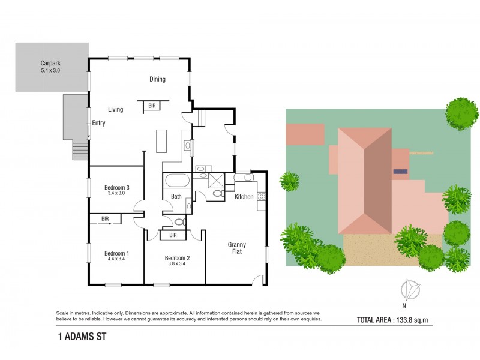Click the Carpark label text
[x=50, y=62]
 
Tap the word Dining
[x=157, y=79]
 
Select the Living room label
[x=115, y=109]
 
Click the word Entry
[x=98, y=123]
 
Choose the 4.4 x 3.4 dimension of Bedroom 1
[x=116, y=259]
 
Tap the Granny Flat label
[x=237, y=248]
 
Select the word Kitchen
[x=244, y=197]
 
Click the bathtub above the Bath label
[x=177, y=181]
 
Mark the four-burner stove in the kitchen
[x=261, y=196]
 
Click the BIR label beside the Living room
[x=152, y=106]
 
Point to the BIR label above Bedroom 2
[x=173, y=235]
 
